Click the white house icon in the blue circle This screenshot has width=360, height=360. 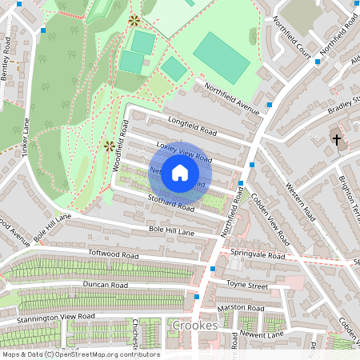pyautogui.click(x=180, y=172)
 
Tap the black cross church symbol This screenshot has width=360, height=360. pyautogui.click(x=337, y=140)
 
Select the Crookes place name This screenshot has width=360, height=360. pyautogui.click(x=194, y=326)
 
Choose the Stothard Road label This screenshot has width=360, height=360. pyautogui.click(x=170, y=204)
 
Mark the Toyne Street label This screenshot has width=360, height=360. pyautogui.click(x=248, y=284)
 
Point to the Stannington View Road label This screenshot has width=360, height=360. pyautogui.click(x=57, y=318)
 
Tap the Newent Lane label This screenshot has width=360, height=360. pyautogui.click(x=262, y=334)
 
